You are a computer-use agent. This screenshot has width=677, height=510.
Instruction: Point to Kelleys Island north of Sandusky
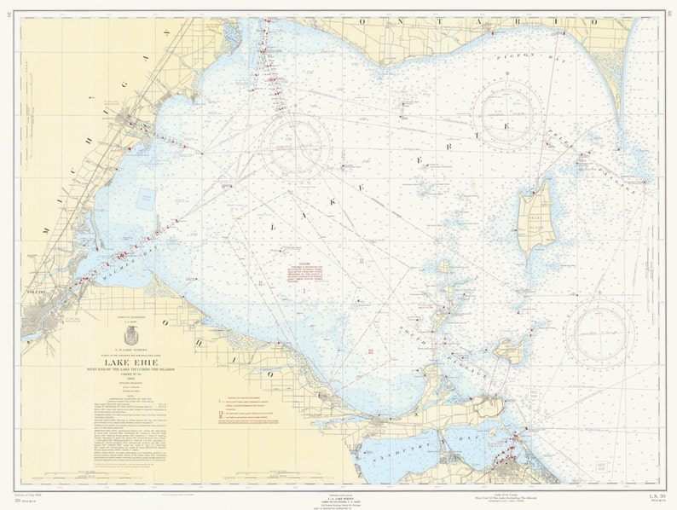click(511, 350)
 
